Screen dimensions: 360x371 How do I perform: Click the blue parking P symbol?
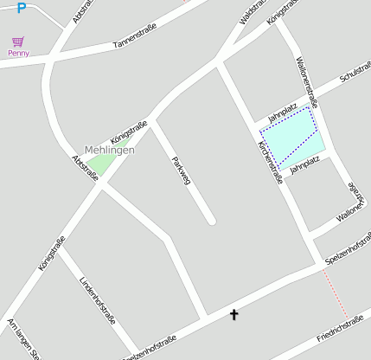(22, 8)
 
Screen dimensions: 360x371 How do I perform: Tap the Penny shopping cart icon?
(18, 42)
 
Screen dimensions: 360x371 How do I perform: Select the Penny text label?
(18, 53)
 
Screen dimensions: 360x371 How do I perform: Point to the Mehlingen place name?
(110, 150)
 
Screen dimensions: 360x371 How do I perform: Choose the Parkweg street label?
(180, 170)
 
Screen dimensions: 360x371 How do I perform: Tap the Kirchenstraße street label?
(265, 162)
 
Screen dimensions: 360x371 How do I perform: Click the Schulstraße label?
(355, 73)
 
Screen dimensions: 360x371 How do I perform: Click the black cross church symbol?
(233, 314)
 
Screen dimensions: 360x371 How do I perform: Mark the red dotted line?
(335, 294)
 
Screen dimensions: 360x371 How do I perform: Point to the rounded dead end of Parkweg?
(211, 222)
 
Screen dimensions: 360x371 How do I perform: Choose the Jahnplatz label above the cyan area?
(283, 112)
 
